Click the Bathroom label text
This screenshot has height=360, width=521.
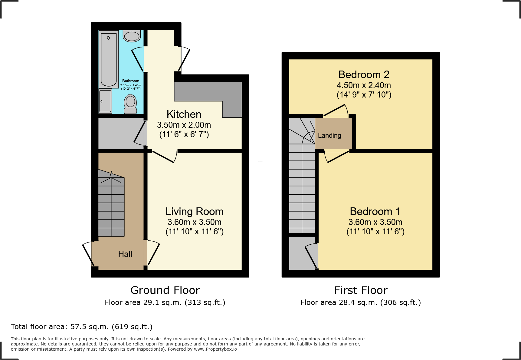point(131,81)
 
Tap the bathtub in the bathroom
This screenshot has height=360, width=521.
point(109,59)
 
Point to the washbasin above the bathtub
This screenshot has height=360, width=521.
point(132,36)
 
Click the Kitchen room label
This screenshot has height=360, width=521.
point(184,114)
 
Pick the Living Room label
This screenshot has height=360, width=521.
point(194,211)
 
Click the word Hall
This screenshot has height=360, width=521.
point(125,254)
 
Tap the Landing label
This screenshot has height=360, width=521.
point(329,136)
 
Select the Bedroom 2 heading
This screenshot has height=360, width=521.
point(364,74)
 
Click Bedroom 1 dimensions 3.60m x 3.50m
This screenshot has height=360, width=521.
point(375,222)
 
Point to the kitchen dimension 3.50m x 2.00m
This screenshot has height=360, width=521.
point(184,125)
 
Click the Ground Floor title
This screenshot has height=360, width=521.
point(165,290)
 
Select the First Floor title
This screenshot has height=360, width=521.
point(361,290)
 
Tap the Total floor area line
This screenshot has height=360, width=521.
point(82,327)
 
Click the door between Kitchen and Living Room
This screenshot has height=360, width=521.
point(163,156)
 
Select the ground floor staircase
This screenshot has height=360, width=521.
point(111,206)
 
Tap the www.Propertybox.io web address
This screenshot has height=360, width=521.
point(215,349)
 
